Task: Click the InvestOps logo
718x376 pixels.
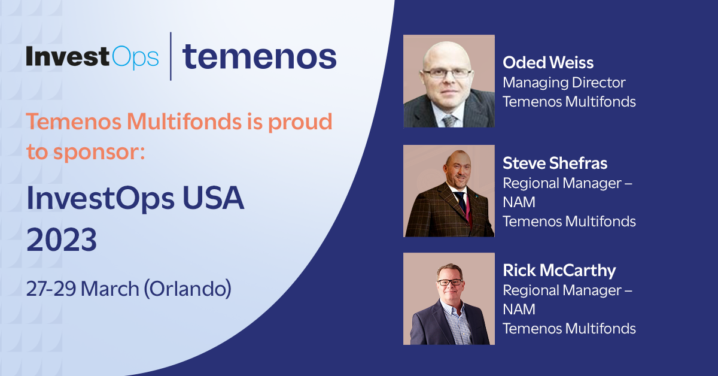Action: click(x=92, y=57)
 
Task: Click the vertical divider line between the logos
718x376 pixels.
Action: click(x=171, y=56)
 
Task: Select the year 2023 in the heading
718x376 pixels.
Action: click(x=62, y=241)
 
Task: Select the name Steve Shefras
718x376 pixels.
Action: click(x=555, y=163)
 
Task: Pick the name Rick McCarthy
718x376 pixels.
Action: click(x=559, y=271)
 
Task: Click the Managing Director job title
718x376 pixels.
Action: click(x=564, y=82)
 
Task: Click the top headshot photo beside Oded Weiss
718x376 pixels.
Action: click(x=449, y=81)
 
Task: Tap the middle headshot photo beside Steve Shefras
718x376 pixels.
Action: click(x=449, y=190)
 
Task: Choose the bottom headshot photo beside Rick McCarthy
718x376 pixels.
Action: click(x=449, y=298)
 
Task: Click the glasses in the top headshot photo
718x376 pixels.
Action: click(x=448, y=73)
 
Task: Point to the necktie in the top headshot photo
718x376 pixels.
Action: click(x=449, y=120)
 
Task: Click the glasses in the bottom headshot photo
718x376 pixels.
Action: click(x=449, y=281)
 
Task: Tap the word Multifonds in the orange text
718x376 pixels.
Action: click(x=177, y=122)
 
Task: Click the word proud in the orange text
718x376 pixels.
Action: click(x=302, y=122)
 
